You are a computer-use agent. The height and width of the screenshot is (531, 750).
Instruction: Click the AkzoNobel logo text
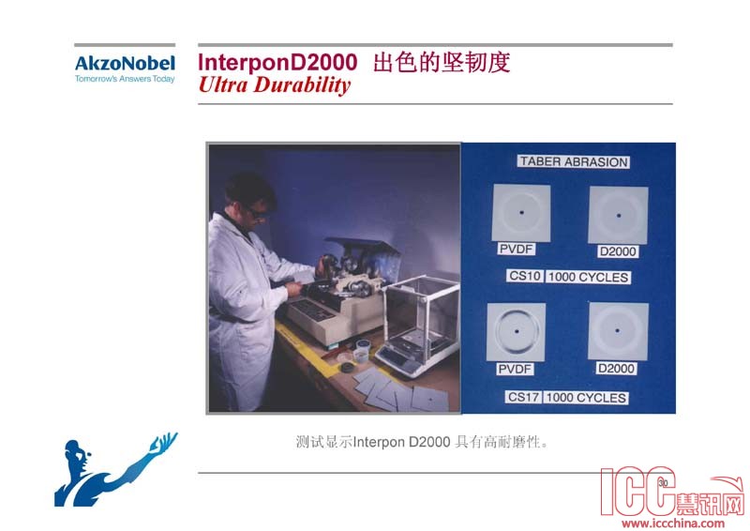(125, 64)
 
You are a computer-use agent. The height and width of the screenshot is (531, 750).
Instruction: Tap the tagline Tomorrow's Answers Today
(125, 79)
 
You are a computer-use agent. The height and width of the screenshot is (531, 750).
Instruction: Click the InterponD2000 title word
(277, 62)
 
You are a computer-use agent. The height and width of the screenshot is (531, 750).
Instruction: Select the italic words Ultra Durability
(275, 85)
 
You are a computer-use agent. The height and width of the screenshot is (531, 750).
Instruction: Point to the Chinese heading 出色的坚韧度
(442, 63)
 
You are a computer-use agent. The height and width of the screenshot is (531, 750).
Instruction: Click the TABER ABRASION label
(574, 162)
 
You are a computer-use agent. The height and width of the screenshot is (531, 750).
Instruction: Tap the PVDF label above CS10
(517, 249)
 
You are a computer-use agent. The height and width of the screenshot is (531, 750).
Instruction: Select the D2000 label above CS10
(618, 251)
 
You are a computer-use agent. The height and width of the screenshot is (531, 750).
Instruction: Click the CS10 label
(525, 276)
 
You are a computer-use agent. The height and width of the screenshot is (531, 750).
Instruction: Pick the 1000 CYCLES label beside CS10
(589, 278)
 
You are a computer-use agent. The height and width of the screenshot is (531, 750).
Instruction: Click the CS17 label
(523, 397)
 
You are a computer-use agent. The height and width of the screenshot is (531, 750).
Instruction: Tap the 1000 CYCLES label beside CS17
(586, 398)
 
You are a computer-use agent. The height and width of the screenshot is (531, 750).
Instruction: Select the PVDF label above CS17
(515, 369)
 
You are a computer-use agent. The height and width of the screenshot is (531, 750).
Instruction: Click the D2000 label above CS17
(616, 368)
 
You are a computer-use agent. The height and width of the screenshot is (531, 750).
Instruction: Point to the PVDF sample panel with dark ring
(517, 332)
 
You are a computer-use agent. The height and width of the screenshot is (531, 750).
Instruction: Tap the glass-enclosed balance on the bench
(417, 326)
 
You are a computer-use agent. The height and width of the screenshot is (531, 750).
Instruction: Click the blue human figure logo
(115, 470)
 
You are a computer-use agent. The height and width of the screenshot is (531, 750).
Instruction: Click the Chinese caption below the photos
(421, 442)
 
